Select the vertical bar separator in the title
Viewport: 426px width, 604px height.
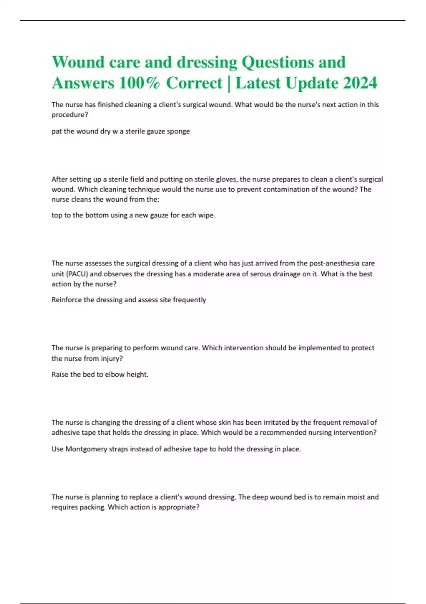pos(229,83)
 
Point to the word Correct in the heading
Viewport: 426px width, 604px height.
pos(194,83)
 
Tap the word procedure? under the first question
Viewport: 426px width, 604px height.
pos(70,115)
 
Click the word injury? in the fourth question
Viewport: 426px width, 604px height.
pos(111,358)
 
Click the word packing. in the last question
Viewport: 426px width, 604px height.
pos(91,507)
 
